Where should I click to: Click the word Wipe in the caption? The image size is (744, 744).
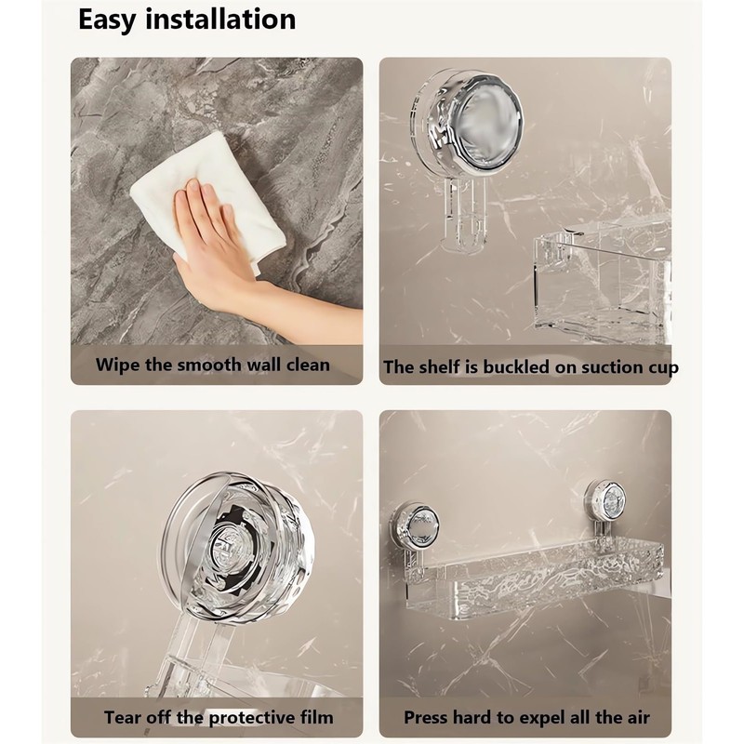click(x=119, y=365)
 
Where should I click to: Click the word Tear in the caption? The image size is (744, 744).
click(x=124, y=717)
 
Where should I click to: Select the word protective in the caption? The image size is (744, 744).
click(x=246, y=717)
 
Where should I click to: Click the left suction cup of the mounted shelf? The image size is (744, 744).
click(x=415, y=526)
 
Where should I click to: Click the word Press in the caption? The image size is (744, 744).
click(x=428, y=717)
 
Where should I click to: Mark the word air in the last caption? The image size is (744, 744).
click(x=635, y=717)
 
